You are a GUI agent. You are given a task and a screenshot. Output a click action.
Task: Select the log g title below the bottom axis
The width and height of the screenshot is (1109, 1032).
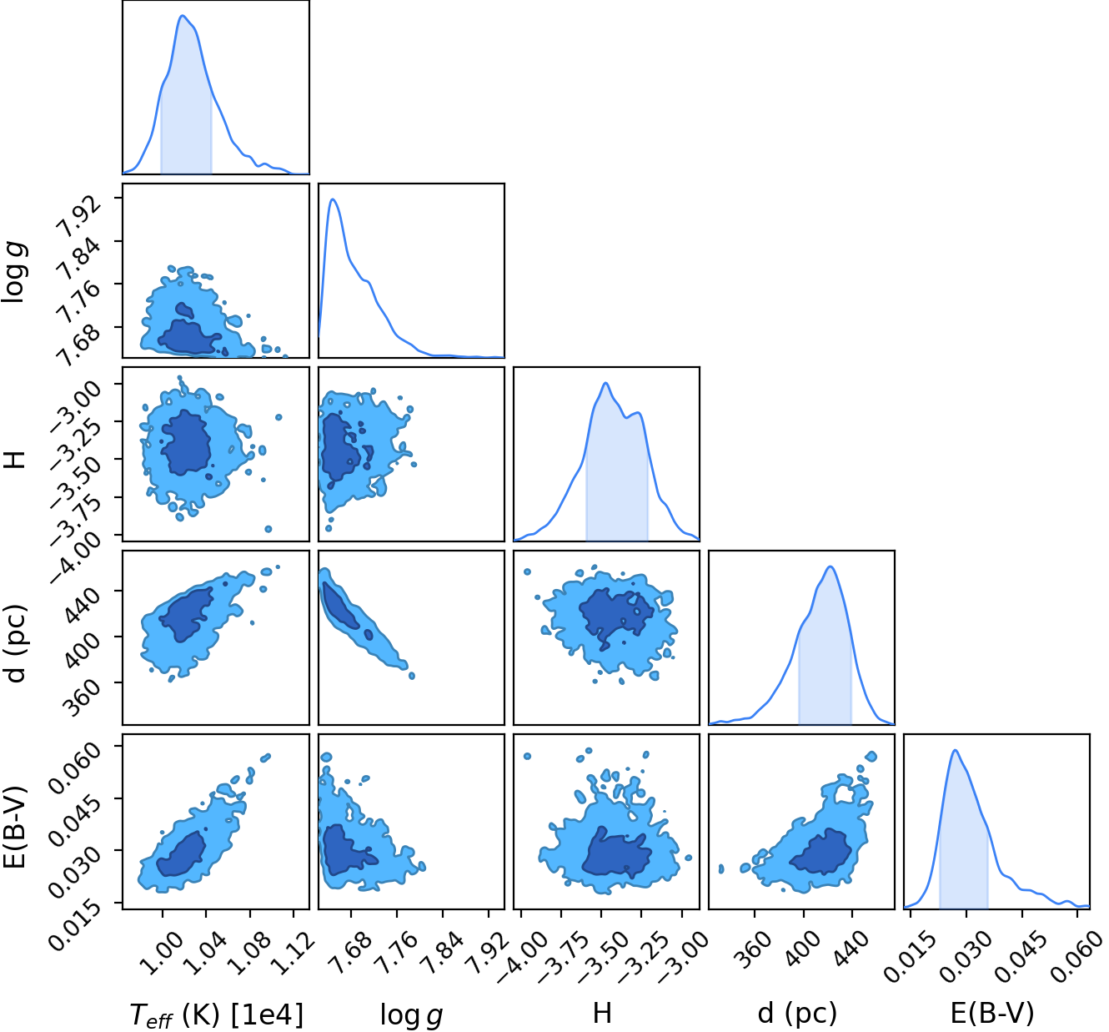[x=411, y=1014]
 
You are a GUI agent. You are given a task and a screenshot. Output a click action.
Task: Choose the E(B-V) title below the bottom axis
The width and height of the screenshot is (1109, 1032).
[x=992, y=1013]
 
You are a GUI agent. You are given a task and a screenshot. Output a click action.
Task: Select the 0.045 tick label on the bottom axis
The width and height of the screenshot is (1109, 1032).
[x=1020, y=955]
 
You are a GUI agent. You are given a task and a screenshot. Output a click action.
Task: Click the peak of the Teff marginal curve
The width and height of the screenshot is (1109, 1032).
[x=183, y=15]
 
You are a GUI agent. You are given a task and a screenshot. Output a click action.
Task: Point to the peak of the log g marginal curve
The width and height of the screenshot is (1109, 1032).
[x=333, y=199]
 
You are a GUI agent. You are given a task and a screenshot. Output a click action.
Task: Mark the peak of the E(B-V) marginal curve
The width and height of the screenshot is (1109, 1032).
[x=955, y=750]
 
